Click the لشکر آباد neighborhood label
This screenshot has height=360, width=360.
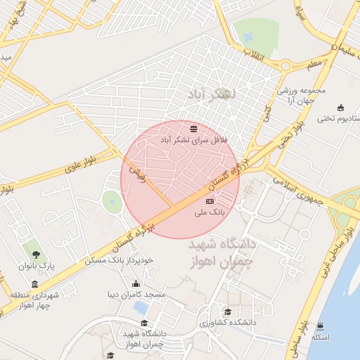(x=213, y=93)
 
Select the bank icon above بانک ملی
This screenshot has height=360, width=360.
(x=209, y=202)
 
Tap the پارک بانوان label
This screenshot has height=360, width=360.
(x=37, y=266)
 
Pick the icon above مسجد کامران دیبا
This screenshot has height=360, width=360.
(x=136, y=284)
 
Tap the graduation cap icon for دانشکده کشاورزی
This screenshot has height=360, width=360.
(x=227, y=311)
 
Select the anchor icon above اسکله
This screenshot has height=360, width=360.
(x=320, y=326)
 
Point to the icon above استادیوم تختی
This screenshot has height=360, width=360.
(x=342, y=108)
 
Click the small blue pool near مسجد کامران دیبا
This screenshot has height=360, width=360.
(x=141, y=307)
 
